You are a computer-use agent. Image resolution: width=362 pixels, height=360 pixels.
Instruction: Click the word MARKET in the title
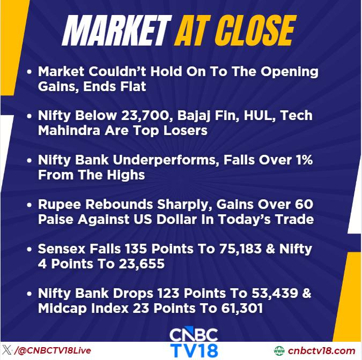pos(117,31)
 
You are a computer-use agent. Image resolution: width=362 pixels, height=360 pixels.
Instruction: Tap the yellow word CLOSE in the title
pos(256,31)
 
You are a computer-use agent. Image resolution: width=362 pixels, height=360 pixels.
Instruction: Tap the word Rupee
pos(60,205)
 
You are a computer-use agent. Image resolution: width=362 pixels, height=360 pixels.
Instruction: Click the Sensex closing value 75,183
pos(241,249)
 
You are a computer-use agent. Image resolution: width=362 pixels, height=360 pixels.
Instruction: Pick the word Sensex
pos(62,249)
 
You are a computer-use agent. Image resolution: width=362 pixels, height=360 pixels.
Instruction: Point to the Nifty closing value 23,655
pos(142,264)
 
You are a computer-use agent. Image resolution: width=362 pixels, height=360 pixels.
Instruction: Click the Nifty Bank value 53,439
pos(275,294)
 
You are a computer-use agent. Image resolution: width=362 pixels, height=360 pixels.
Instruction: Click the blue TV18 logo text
pos(194,350)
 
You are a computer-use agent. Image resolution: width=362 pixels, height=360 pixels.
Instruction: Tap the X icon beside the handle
pos(7,350)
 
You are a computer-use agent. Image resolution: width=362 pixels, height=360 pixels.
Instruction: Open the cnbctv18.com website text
pos(321,351)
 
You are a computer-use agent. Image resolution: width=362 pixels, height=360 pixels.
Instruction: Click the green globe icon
pos(279,351)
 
